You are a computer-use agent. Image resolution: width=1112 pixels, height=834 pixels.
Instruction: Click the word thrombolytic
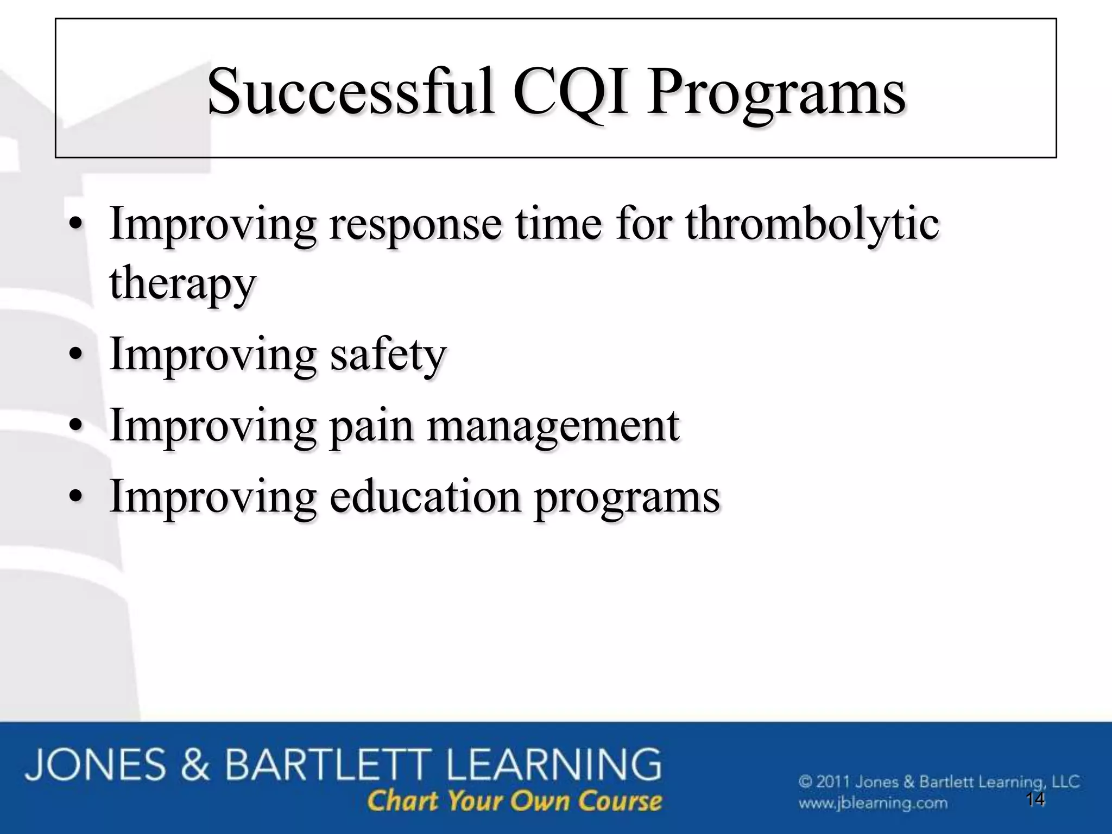pyautogui.click(x=812, y=224)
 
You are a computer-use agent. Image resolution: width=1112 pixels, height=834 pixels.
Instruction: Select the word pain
pyautogui.click(x=371, y=427)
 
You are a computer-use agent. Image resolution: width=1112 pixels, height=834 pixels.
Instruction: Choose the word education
pyautogui.click(x=425, y=496)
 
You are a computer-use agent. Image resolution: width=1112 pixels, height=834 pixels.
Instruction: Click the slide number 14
pyautogui.click(x=1035, y=799)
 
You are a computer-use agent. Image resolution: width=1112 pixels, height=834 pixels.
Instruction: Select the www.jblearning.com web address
pyautogui.click(x=873, y=803)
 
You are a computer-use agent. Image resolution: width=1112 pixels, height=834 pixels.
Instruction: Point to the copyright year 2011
pyautogui.click(x=832, y=782)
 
